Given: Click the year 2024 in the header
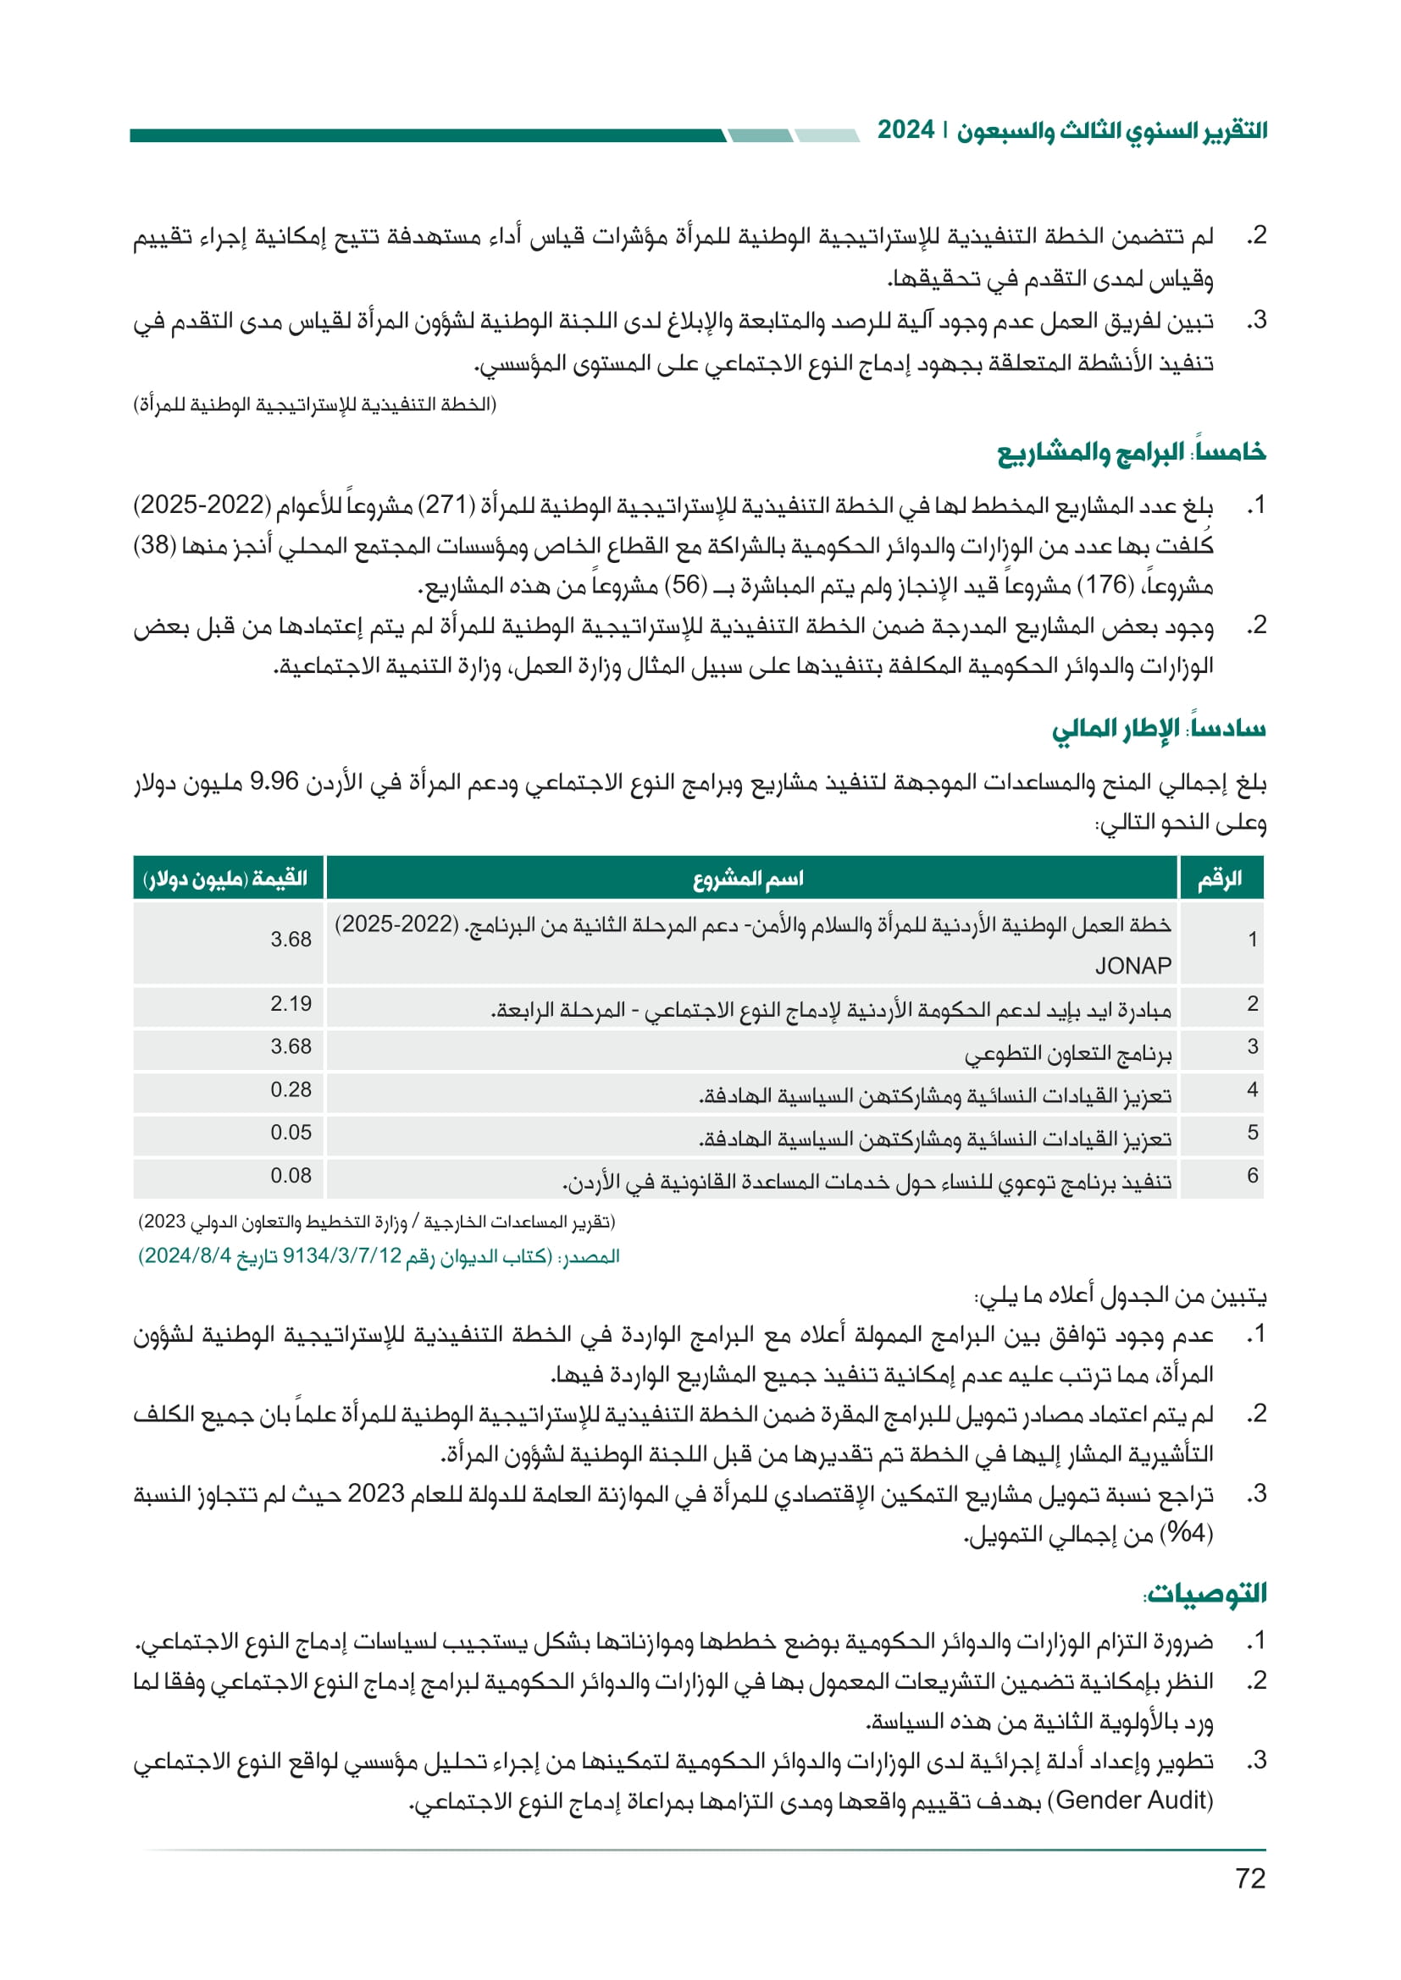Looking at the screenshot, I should click(905, 130).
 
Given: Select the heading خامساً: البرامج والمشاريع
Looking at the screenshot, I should click(1131, 453).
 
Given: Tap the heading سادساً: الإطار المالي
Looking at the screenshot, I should click(1158, 729).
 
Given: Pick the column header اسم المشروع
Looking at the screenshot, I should click(748, 879).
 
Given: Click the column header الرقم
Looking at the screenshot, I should click(1219, 879).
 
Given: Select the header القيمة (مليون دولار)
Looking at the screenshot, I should click(226, 879).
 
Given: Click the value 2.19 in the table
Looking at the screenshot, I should click(291, 1004).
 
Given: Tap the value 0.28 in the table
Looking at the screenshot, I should click(291, 1089).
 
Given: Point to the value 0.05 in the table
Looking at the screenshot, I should click(291, 1133).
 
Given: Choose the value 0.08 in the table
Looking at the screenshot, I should click(291, 1176).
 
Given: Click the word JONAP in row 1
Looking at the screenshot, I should click(1132, 966).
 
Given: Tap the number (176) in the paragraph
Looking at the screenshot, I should click(1105, 586).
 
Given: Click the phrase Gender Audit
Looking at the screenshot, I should click(1132, 1800).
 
